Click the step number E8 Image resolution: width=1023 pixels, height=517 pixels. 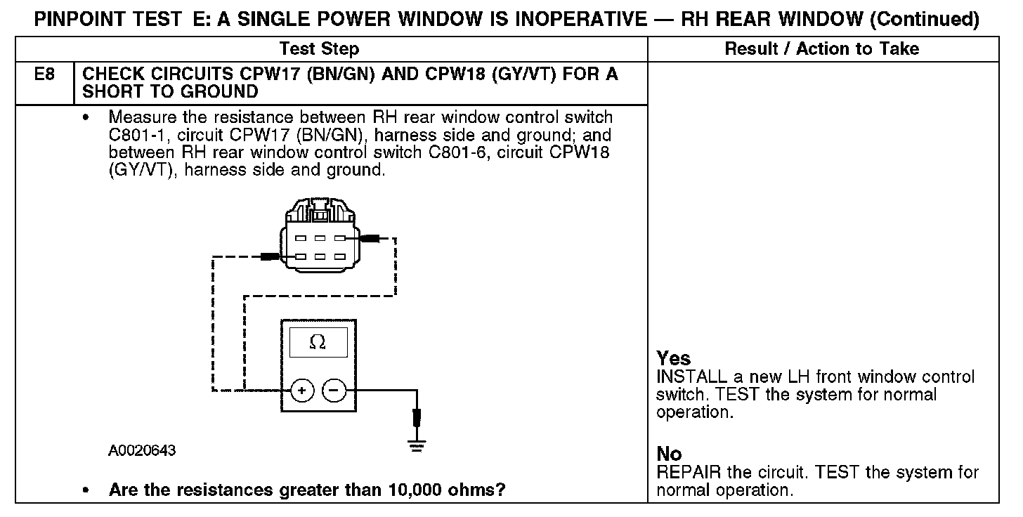tap(44, 74)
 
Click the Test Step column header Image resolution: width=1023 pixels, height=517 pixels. tap(319, 48)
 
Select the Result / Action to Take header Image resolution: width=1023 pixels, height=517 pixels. tap(821, 48)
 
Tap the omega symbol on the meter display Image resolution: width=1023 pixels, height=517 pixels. tap(318, 342)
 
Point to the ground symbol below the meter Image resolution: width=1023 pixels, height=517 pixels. tap(417, 445)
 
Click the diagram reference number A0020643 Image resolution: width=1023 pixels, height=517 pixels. tap(142, 450)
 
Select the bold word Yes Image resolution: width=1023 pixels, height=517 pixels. tap(673, 358)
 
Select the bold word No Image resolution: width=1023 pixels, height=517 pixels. tap(669, 454)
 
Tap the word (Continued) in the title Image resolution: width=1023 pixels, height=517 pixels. tap(924, 20)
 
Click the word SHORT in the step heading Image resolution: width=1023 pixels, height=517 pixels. tap(115, 91)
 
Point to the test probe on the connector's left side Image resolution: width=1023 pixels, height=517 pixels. tap(270, 256)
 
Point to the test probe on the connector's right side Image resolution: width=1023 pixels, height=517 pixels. tap(370, 239)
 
